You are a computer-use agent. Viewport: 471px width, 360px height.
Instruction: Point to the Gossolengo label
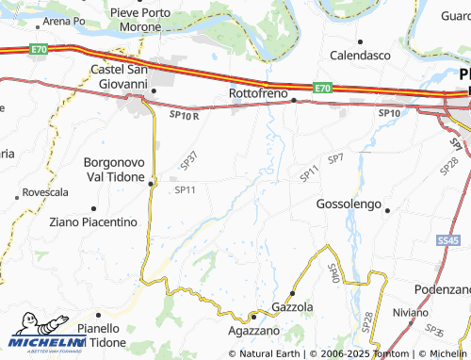[x=349, y=205]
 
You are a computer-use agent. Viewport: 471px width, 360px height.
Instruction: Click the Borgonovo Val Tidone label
[x=115, y=169]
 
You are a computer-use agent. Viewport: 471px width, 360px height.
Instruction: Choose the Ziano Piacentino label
[x=93, y=221]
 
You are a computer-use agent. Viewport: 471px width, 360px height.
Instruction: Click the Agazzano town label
[x=254, y=332]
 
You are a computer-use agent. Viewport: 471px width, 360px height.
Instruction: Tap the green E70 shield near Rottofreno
[x=323, y=88]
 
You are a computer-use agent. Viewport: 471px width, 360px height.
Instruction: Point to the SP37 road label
[x=189, y=161]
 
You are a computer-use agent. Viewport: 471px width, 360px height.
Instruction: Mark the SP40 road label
[x=333, y=274]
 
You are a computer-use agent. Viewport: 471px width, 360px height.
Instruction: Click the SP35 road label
[x=434, y=332]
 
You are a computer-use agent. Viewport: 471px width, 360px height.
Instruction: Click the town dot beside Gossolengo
[x=387, y=211]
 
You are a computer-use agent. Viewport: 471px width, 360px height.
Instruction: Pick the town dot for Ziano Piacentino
[x=92, y=207]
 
